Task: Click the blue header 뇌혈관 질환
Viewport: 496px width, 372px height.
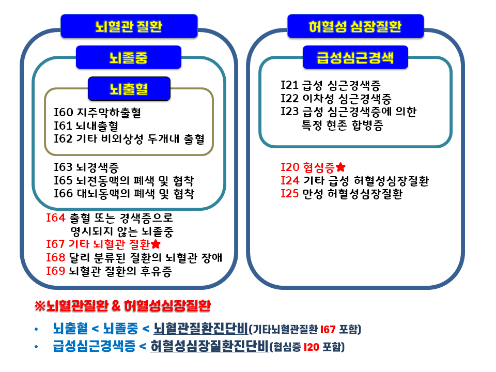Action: click(129, 26)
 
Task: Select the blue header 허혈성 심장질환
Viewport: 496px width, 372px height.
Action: click(355, 26)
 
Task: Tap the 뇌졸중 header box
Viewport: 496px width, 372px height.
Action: click(129, 57)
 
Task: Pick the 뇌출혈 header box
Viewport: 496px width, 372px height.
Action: click(129, 88)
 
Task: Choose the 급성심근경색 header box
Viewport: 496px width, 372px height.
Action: click(355, 57)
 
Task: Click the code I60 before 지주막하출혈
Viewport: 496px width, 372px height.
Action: click(63, 112)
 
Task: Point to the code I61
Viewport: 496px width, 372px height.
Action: click(63, 126)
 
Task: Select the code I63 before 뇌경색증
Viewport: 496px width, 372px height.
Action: click(63, 167)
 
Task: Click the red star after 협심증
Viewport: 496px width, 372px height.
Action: click(340, 167)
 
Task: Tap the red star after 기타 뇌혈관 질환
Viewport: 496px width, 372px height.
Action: click(156, 244)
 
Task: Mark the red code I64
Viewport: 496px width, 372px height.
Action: click(56, 218)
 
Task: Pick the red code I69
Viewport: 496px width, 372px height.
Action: click(56, 271)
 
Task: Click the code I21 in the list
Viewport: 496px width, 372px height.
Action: click(290, 85)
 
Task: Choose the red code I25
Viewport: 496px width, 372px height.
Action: click(290, 193)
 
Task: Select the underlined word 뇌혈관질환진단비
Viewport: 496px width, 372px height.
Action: click(201, 329)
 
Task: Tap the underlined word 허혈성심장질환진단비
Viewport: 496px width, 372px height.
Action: click(209, 346)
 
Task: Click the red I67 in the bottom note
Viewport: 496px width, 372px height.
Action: click(328, 330)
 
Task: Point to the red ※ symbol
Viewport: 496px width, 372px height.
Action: click(40, 305)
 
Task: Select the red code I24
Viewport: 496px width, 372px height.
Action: click(290, 180)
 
